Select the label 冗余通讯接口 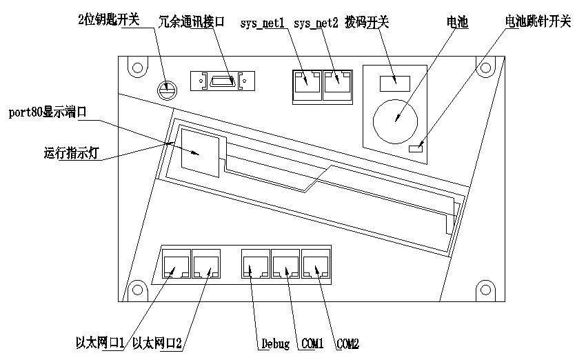[x=192, y=22]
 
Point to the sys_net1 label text [x=263, y=23]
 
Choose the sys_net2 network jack [x=335, y=82]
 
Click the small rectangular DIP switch [x=394, y=82]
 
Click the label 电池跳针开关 [x=538, y=22]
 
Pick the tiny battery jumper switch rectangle [x=416, y=148]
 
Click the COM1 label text [x=311, y=343]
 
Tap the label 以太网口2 [x=158, y=343]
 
